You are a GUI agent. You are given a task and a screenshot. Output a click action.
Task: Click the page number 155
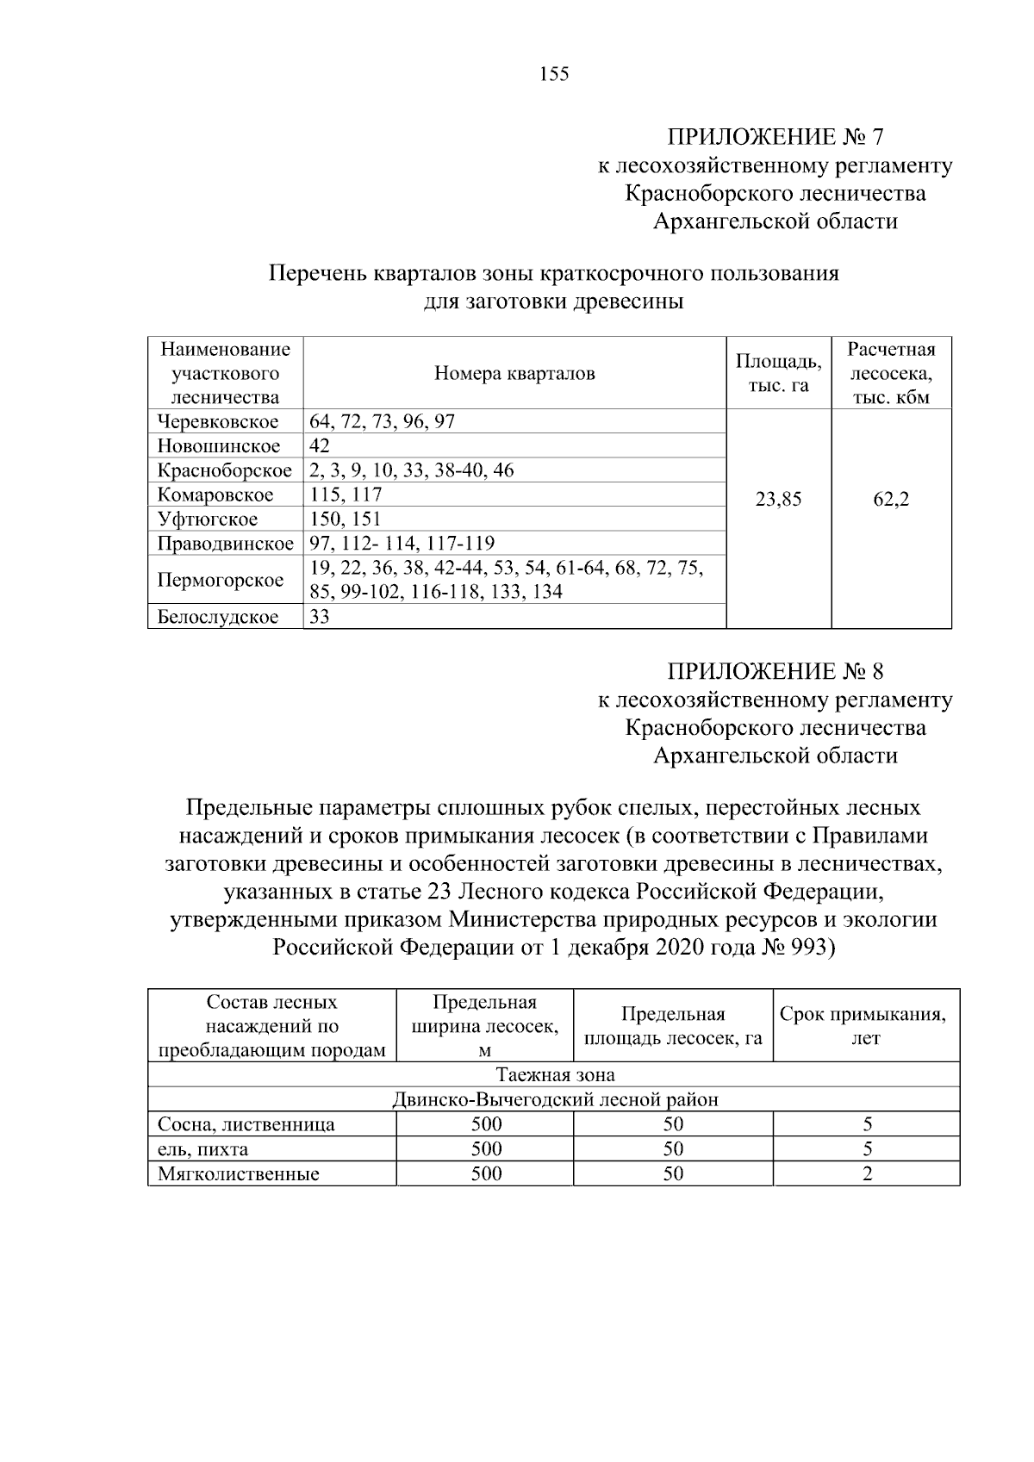coord(554,75)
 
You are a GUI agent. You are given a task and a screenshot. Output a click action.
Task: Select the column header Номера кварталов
coord(514,374)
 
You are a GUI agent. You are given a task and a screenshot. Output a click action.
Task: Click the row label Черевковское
coord(218,422)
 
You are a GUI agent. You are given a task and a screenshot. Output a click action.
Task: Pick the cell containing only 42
coord(320,446)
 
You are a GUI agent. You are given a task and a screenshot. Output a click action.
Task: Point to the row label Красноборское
coord(224,470)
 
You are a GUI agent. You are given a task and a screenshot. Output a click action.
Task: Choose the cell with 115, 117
coord(346,495)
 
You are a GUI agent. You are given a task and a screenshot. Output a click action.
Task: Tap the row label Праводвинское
coord(225,544)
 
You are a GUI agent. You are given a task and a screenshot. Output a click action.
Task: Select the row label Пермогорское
coord(221,580)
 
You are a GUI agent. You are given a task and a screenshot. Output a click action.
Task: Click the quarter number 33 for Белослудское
coord(320,617)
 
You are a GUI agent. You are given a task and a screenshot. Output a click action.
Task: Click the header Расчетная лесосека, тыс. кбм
coord(891,374)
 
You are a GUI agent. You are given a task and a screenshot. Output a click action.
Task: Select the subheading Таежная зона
coord(554,1075)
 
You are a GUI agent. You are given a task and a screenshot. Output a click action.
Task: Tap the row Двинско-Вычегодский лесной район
coord(554,1100)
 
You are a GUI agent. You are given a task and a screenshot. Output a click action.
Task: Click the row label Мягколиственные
coord(238,1173)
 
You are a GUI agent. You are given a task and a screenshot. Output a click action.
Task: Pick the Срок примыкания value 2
coord(867,1173)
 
